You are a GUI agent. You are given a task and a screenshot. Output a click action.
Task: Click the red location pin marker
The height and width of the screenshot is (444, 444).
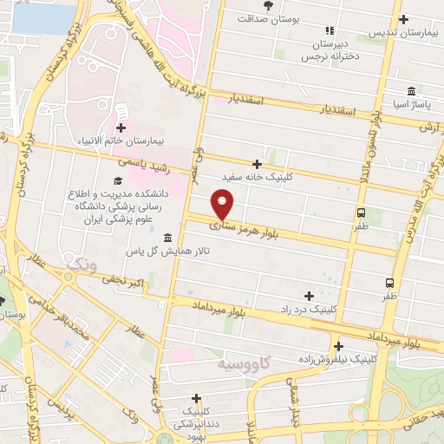[x=224, y=204]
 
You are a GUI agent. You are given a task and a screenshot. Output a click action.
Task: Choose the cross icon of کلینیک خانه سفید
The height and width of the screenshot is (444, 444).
[x=257, y=163]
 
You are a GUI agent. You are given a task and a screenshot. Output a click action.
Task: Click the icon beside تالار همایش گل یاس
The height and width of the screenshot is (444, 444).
[x=166, y=238]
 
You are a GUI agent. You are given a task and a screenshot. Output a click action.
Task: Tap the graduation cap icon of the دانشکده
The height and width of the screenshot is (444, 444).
[x=115, y=179]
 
